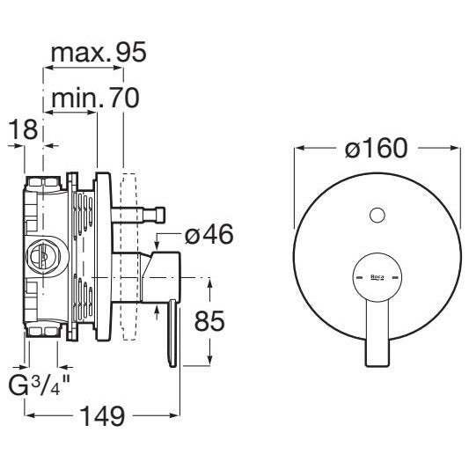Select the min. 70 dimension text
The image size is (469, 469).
point(96,98)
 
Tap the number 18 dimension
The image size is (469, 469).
point(24,129)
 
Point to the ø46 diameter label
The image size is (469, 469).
point(209,234)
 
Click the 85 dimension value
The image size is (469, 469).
point(209,321)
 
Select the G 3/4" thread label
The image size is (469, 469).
point(39,385)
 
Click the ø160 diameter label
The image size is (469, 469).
point(377,148)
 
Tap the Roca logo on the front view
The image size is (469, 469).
point(377,277)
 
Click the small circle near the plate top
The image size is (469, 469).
point(377,215)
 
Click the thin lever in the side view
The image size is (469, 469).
point(172,333)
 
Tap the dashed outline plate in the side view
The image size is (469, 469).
point(129,256)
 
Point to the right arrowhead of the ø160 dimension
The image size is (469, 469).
point(455,148)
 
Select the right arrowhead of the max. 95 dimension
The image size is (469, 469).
point(118,68)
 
